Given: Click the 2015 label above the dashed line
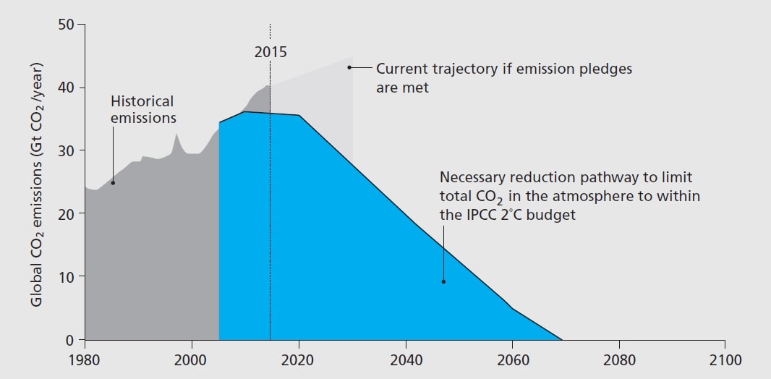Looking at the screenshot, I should tap(271, 52).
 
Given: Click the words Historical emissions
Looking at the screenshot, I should tap(142, 109).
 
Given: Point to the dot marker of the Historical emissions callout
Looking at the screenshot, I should tap(113, 182).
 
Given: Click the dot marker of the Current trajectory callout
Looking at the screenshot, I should tap(349, 68).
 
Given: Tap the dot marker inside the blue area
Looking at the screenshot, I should tap(443, 281).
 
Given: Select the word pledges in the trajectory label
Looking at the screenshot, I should tap(606, 69).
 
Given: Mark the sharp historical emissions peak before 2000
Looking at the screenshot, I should tap(176, 135).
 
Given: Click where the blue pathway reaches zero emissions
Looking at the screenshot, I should tap(562, 339).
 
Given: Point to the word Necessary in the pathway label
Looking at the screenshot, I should tap(473, 177).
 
